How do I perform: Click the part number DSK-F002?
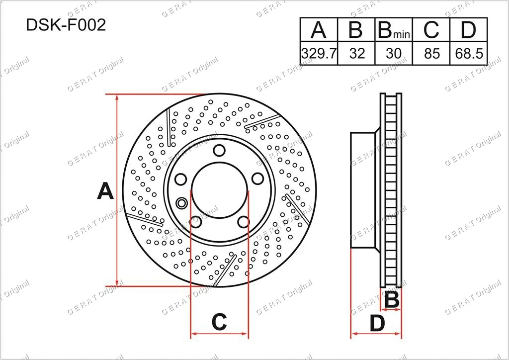66,26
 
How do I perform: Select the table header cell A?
319,30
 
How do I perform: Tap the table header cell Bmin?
394,30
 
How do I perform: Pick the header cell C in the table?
431,30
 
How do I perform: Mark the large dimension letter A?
105,191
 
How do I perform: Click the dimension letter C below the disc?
219,322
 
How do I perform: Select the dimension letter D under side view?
378,324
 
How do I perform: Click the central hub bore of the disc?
219,191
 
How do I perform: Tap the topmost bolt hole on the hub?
219,150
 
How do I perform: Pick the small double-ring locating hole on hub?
181,202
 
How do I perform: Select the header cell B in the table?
356,30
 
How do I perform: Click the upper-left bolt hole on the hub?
181,179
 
